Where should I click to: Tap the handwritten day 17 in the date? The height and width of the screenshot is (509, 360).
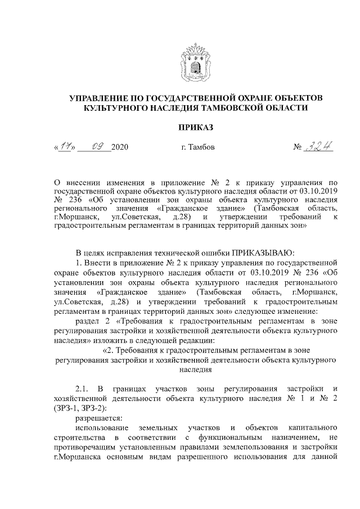pyautogui.click(x=67, y=147)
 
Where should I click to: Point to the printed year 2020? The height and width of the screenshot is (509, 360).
pyautogui.click(x=120, y=148)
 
